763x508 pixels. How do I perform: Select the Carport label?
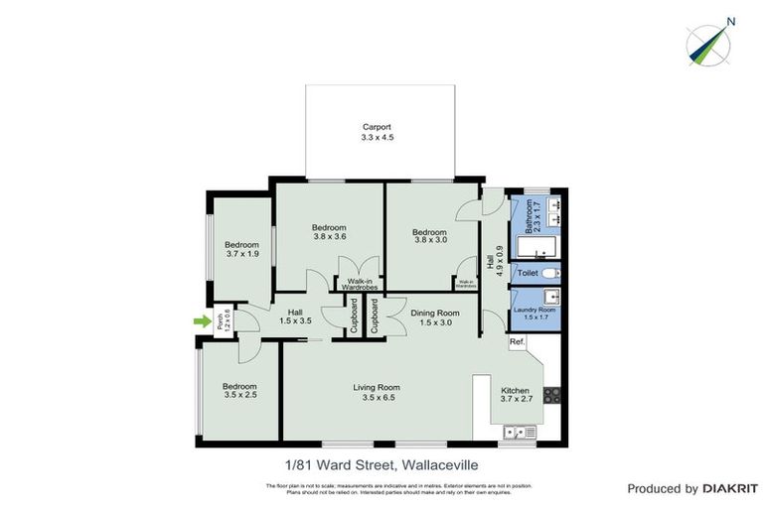point(377,127)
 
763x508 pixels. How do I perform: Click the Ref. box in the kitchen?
point(517,343)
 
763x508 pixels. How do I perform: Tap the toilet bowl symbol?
point(554,272)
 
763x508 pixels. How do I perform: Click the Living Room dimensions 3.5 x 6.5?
point(377,399)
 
